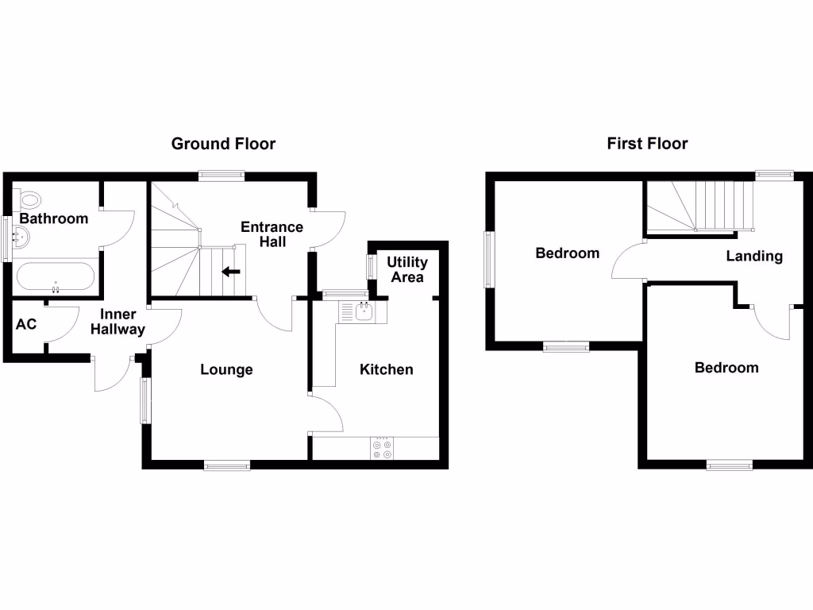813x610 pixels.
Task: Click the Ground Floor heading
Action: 224,144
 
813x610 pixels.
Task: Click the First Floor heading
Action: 647,144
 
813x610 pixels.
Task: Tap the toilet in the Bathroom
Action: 31,199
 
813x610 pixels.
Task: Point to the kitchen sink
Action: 363,311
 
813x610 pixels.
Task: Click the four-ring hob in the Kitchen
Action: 381,449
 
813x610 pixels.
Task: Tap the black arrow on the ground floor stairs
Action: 231,272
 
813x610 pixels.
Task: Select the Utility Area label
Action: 407,269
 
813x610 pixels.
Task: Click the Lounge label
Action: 226,369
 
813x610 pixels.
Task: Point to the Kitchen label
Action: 387,369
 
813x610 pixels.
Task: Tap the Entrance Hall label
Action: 272,234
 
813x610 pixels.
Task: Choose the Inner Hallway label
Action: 118,322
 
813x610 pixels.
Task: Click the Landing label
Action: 755,256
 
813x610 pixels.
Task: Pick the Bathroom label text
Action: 54,218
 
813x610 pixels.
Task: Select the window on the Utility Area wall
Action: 371,266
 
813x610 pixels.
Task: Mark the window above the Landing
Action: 774,174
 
